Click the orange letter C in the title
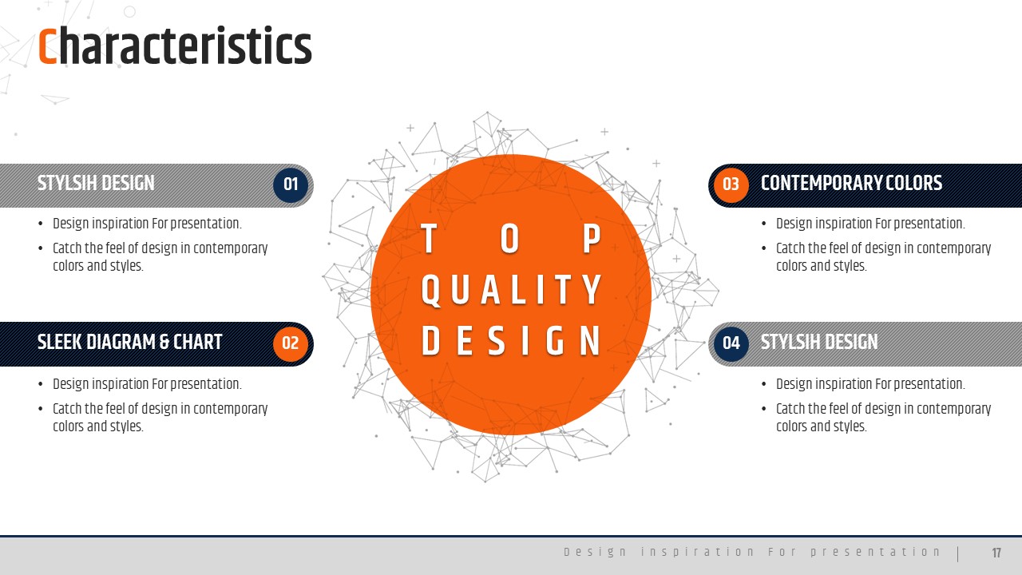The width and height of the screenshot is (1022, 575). click(x=47, y=46)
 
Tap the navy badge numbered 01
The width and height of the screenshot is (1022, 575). click(x=291, y=184)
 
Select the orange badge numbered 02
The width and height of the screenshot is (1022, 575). click(x=291, y=343)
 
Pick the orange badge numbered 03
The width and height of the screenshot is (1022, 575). click(x=731, y=184)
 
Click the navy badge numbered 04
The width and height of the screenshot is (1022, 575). click(x=731, y=343)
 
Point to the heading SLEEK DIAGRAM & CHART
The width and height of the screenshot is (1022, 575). click(x=129, y=343)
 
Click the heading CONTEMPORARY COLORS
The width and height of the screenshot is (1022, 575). click(x=851, y=184)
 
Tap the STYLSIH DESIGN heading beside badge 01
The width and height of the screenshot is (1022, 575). click(x=96, y=184)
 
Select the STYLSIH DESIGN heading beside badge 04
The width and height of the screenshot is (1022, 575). click(x=819, y=343)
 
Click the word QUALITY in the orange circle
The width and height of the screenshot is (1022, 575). click(x=511, y=290)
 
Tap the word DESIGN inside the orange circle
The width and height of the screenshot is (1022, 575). click(x=511, y=340)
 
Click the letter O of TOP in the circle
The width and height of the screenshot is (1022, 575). click(x=509, y=238)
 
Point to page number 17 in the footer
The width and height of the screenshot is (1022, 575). click(x=996, y=553)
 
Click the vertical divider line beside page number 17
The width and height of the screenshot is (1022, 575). click(x=957, y=554)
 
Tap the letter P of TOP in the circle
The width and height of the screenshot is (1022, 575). click(x=592, y=238)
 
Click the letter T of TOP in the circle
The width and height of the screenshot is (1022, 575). click(x=429, y=238)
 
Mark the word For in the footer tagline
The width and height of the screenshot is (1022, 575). click(x=782, y=552)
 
